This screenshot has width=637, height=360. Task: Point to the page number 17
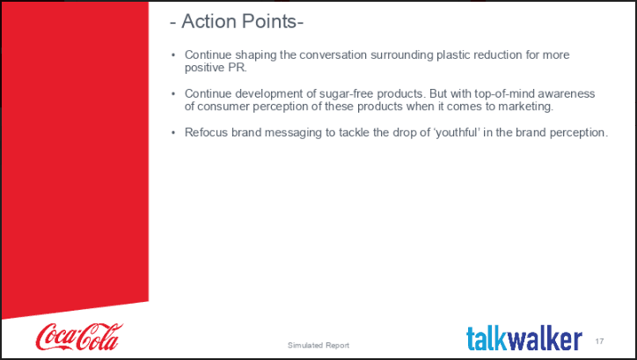(x=600, y=342)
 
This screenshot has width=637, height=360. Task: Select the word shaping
(x=253, y=55)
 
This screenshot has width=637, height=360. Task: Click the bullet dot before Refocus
(x=173, y=132)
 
